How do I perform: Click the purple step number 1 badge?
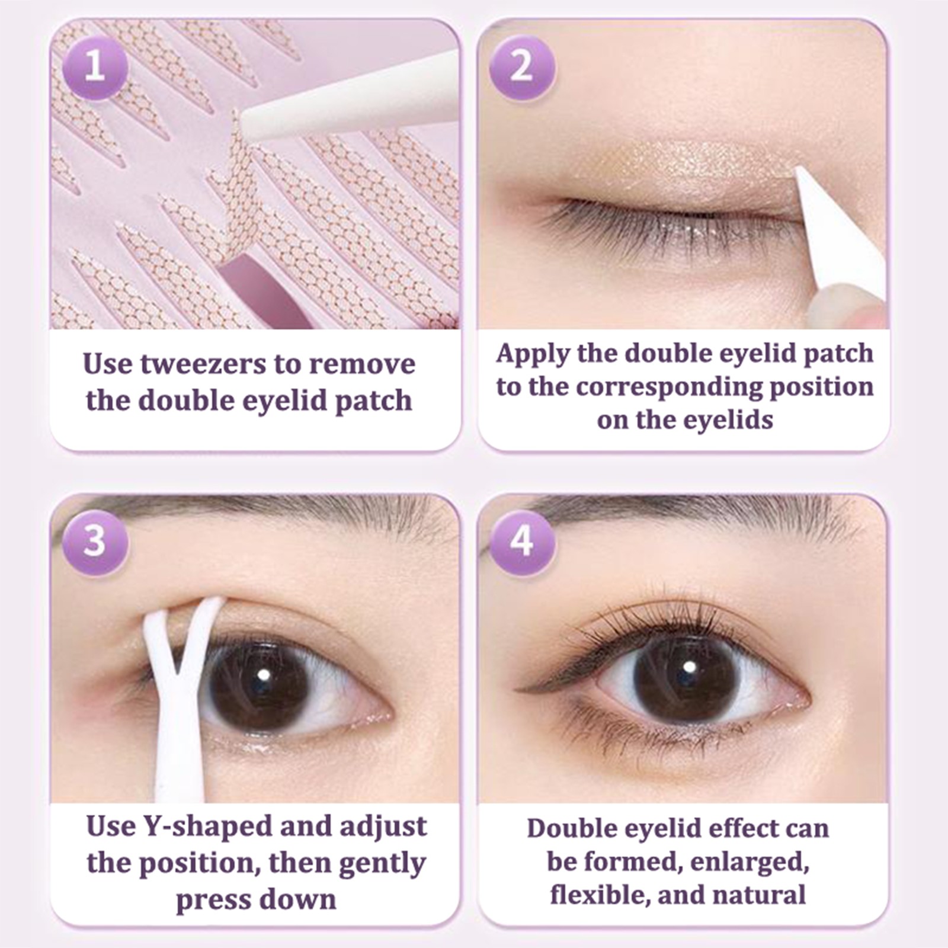point(95,67)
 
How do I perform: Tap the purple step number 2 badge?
point(521,67)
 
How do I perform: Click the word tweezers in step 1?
point(203,364)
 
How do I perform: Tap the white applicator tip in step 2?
point(799,172)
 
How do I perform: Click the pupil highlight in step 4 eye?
point(688,667)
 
